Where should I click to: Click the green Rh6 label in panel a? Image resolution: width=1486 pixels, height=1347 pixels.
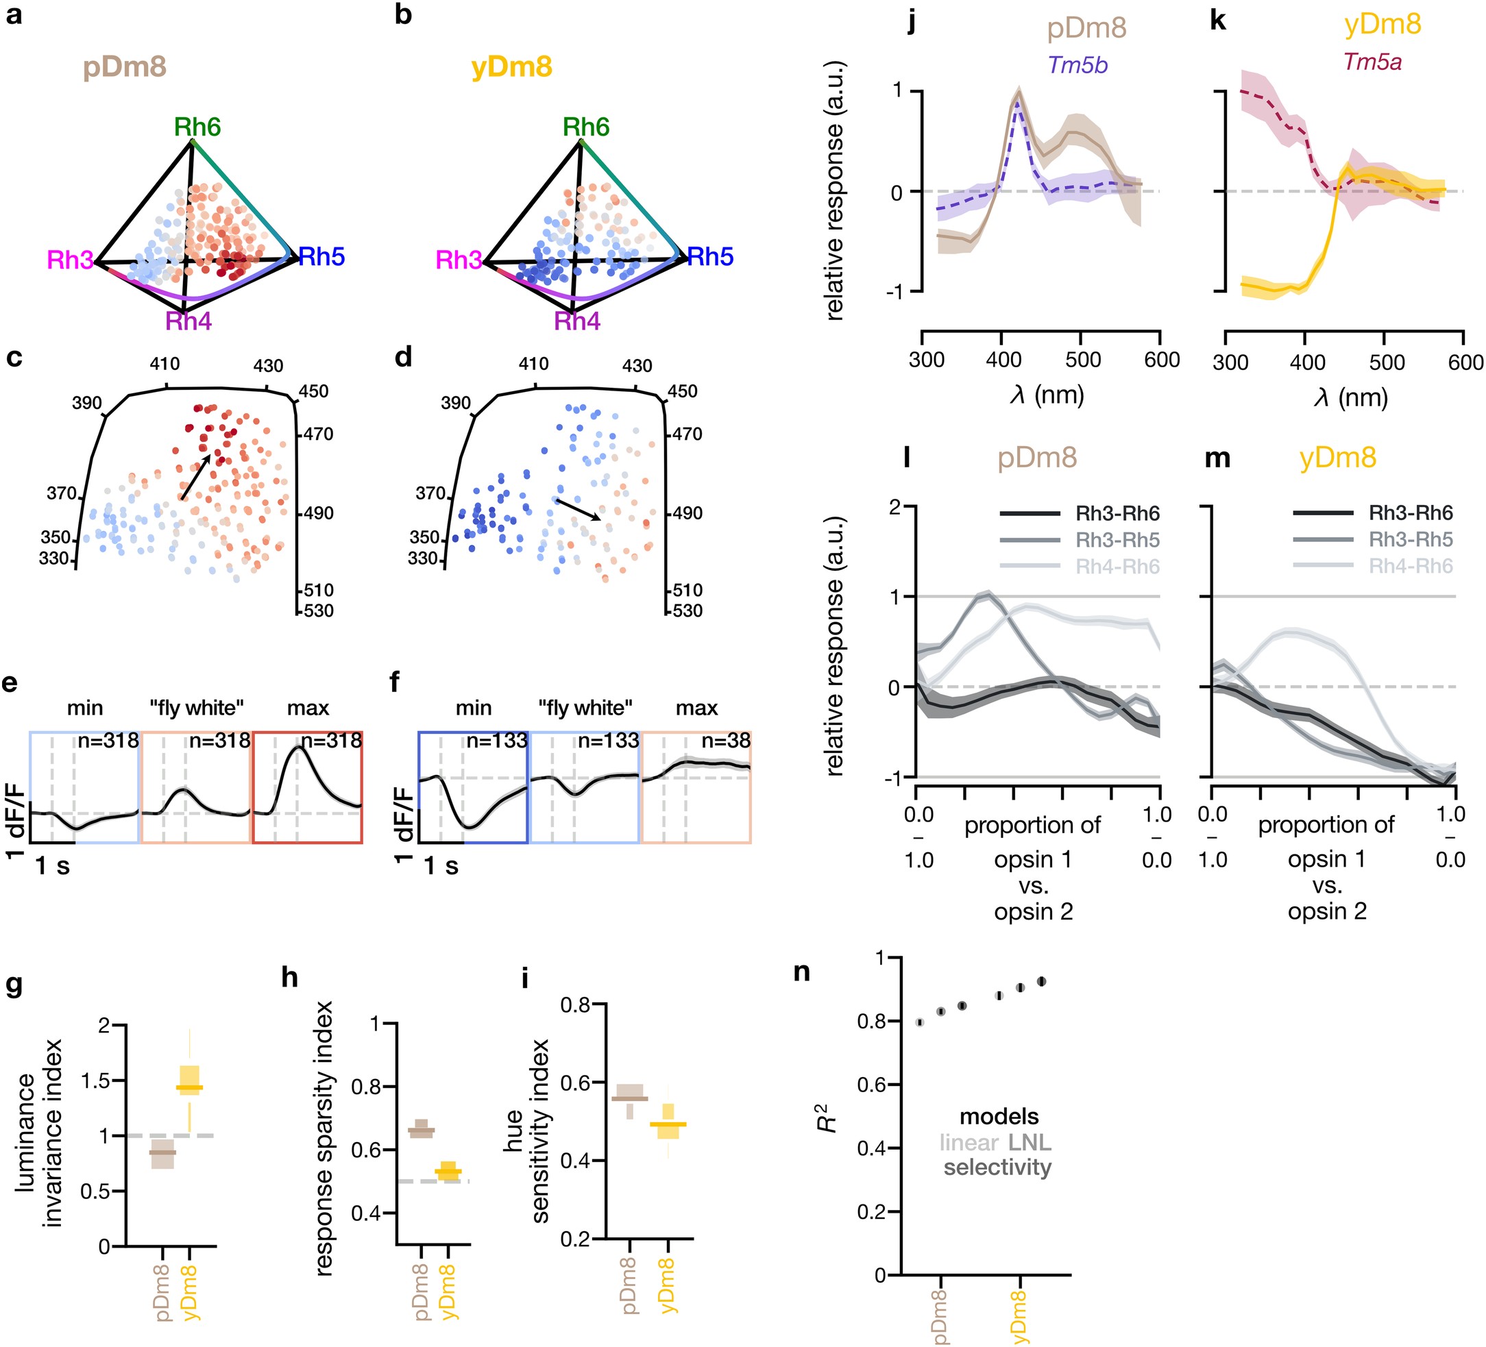[x=197, y=127]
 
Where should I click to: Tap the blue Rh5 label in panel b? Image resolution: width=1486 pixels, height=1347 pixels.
[x=710, y=256]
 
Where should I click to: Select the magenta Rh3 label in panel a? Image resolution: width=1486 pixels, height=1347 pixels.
[x=70, y=260]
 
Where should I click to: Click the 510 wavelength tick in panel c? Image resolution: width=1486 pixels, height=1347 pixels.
[x=317, y=590]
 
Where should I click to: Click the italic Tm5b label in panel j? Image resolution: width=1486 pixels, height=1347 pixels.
[x=1077, y=66]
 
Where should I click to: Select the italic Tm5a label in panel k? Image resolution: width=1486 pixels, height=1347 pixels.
[x=1372, y=62]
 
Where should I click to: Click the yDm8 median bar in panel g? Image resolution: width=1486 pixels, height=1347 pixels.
[x=190, y=1087]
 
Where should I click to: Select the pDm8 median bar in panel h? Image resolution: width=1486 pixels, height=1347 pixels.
[x=422, y=1130]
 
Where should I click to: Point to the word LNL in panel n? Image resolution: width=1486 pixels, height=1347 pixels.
[x=1030, y=1143]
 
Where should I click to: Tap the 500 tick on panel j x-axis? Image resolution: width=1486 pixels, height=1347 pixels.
[x=1082, y=360]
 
